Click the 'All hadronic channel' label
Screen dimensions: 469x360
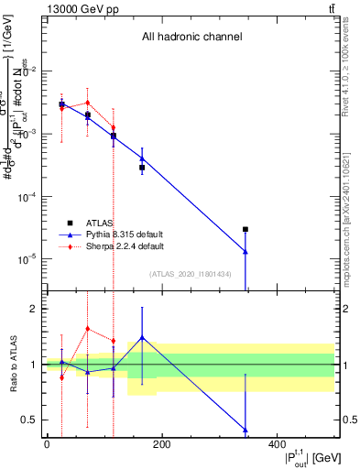coord(191,38)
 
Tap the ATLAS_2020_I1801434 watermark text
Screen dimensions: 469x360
coord(191,274)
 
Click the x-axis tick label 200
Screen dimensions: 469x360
coord(161,444)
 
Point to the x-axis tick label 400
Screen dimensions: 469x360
coord(277,444)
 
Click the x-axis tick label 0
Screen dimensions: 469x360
coord(47,444)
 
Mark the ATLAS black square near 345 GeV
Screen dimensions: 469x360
coord(245,229)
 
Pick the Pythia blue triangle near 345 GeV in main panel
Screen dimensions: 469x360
coord(245,251)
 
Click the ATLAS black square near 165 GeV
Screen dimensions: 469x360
coord(142,168)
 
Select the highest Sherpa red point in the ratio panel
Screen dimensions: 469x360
coord(87,329)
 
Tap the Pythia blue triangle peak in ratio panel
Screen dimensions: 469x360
coord(142,337)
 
